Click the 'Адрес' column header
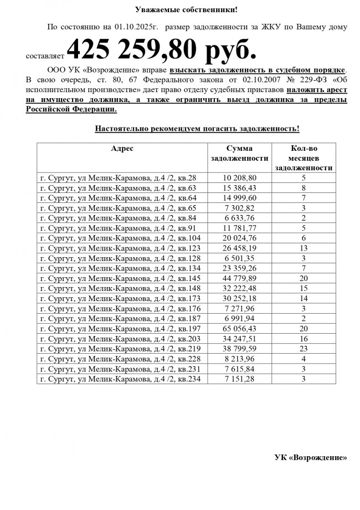coord(122,149)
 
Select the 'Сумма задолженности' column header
coord(239,153)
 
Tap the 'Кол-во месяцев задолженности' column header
coord(304,158)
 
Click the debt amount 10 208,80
coord(239,178)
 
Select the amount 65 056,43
coord(239,329)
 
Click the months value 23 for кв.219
coord(304,349)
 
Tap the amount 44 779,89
coord(239,278)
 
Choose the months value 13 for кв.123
coord(304,248)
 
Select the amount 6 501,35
coord(239,258)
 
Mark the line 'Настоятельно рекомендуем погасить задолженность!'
coord(197,129)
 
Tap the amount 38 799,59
coord(239,349)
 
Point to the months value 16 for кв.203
coord(304,339)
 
